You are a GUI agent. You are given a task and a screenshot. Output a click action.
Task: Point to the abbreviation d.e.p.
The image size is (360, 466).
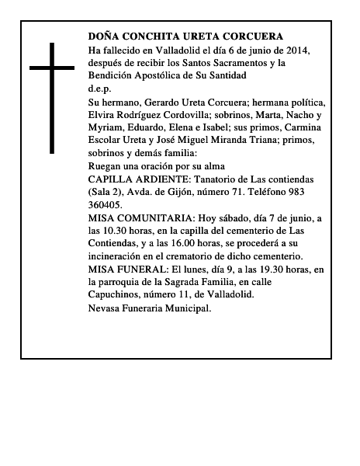pyautogui.click(x=99, y=89)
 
